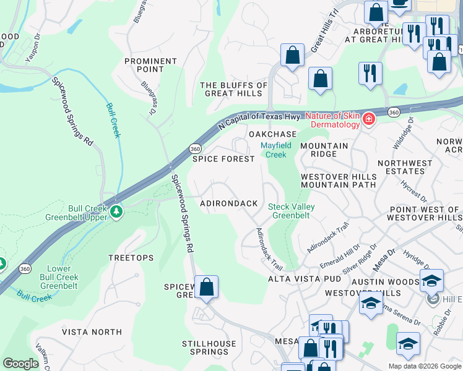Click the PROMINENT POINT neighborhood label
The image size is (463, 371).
[150, 65]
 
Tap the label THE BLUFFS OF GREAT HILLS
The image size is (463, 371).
[234, 90]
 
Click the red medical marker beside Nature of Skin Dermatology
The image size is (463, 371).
[369, 119]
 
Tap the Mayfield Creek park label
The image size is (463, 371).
[276, 150]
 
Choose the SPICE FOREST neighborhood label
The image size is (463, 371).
[223, 159]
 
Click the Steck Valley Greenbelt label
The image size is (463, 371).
[291, 211]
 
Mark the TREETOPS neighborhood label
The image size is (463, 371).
[131, 257]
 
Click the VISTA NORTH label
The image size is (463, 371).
[92, 332]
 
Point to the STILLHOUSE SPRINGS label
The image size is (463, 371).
[209, 348]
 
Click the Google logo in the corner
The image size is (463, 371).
[20, 364]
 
